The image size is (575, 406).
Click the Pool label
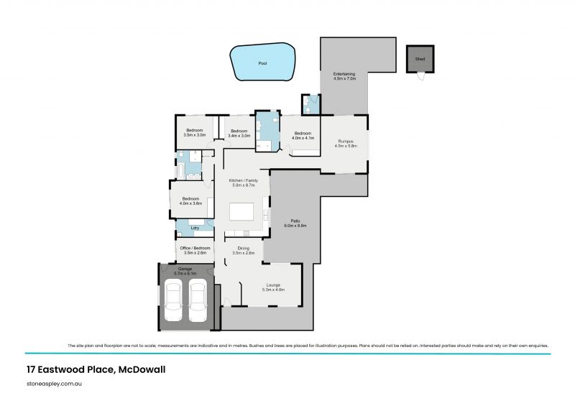(x=262, y=63)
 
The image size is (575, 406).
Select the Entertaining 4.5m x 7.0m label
(x=345, y=76)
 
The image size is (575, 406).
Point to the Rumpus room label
(x=345, y=144)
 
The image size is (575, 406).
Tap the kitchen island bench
(x=241, y=212)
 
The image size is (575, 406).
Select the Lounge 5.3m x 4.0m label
(x=275, y=287)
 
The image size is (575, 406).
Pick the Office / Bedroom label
(x=195, y=250)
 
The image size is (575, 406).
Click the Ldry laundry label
(x=195, y=228)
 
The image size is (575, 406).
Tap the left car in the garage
(x=173, y=301)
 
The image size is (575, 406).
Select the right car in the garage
(x=198, y=301)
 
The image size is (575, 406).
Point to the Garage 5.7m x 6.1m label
(x=185, y=271)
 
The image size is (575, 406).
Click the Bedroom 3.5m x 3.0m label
(x=195, y=132)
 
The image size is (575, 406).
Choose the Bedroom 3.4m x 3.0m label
(x=239, y=133)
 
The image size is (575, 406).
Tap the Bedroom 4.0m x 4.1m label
(x=302, y=135)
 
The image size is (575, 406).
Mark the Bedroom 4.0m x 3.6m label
(x=190, y=200)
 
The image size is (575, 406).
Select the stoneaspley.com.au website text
(x=56, y=385)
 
